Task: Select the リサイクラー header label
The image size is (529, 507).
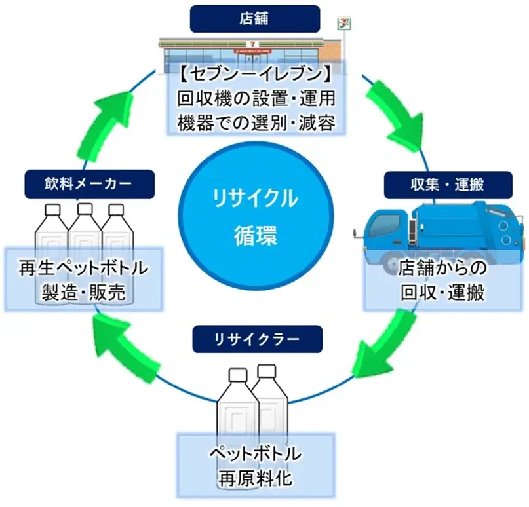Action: [x=257, y=339]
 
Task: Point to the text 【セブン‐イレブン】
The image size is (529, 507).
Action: [x=257, y=72]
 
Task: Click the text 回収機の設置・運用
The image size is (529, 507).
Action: [x=257, y=98]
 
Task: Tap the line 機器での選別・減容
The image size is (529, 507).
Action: [x=257, y=122]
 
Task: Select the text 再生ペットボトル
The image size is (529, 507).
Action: [x=83, y=269]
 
